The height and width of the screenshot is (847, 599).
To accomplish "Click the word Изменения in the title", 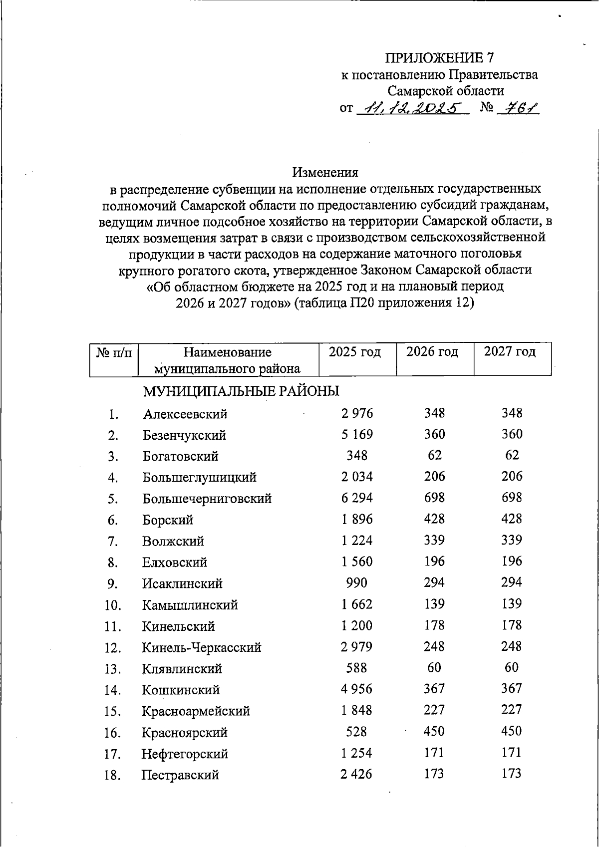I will coord(325,173).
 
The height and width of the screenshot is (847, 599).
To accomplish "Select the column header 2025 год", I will coord(355,352).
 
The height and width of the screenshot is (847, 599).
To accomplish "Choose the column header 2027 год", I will coord(510,352).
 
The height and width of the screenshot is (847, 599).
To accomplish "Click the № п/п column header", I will coord(114,353).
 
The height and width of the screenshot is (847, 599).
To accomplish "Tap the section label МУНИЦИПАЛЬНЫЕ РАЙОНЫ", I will coord(241,391).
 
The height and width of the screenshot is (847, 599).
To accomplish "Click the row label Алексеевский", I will coord(185,414).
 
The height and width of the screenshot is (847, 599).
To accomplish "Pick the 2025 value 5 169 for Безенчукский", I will coord(357,434).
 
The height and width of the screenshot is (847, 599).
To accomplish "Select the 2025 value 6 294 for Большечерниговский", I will coord(357,498).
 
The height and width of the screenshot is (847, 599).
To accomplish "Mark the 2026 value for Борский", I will coord(434,519).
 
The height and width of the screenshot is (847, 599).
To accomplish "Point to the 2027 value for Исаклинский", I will coord(512,582).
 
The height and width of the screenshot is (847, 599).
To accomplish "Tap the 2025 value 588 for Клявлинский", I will coord(356,668).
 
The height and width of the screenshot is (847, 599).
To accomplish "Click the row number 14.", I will coord(113,691).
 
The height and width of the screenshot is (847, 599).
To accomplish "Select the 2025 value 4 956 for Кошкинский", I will coord(357,689).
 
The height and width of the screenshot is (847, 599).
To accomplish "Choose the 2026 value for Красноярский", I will coord(434,731).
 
